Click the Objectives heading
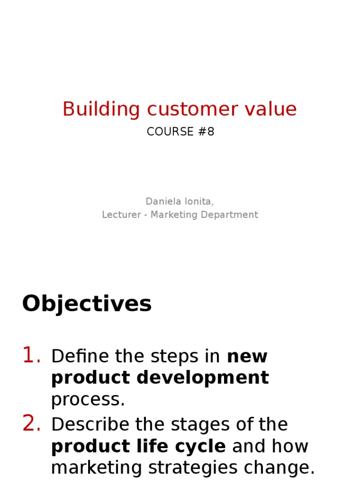[87, 304]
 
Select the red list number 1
[31, 356]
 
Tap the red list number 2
[31, 424]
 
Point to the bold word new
[247, 357]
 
